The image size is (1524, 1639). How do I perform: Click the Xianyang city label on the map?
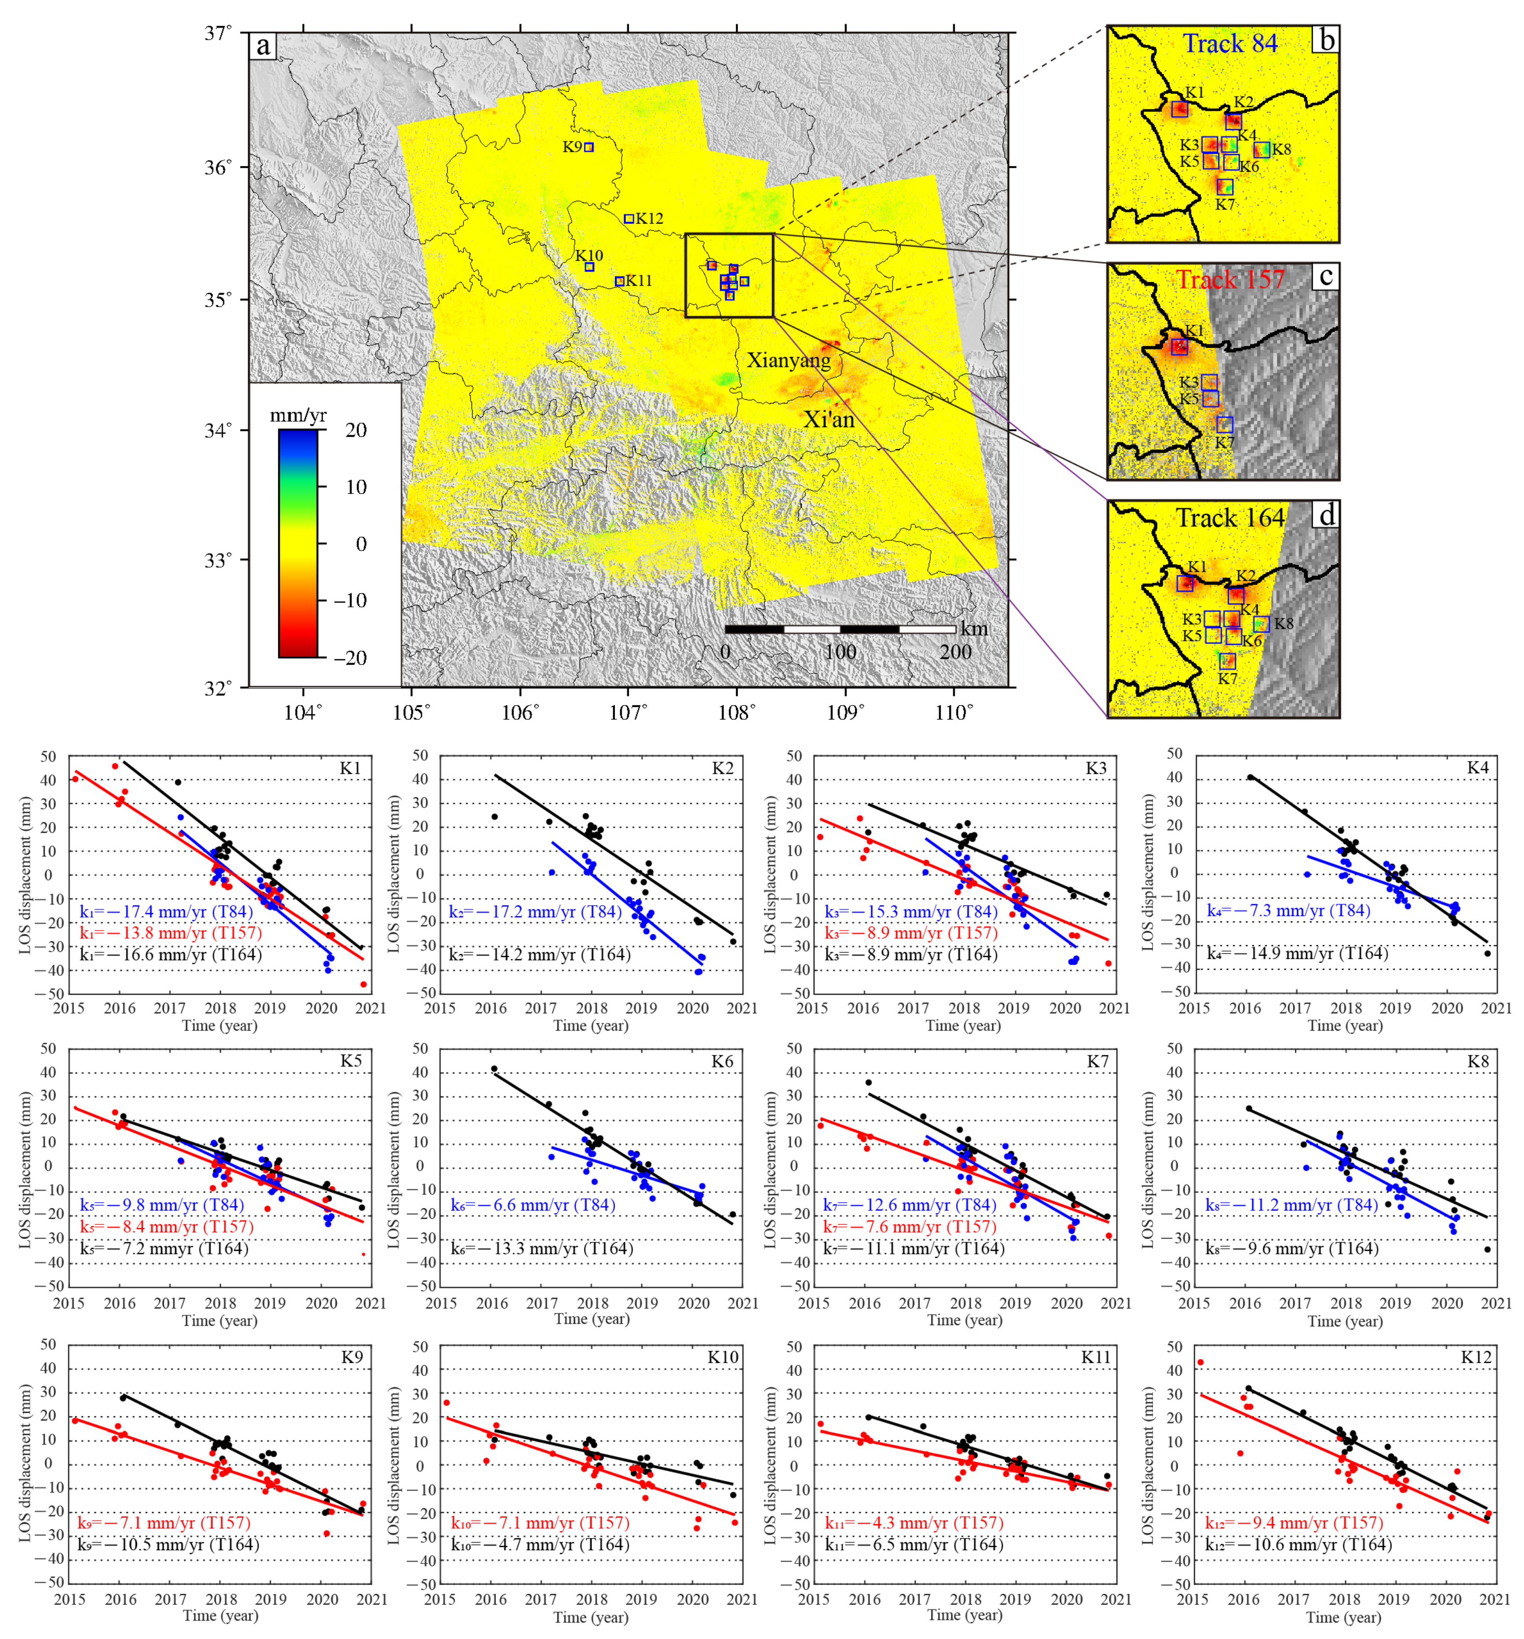click(788, 360)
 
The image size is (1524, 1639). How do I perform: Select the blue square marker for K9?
click(589, 147)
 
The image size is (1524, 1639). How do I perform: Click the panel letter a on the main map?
click(263, 46)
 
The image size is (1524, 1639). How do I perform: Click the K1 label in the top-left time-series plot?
click(351, 768)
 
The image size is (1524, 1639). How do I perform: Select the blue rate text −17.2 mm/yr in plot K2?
click(535, 912)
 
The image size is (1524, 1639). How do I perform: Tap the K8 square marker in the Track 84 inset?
click(1261, 149)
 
